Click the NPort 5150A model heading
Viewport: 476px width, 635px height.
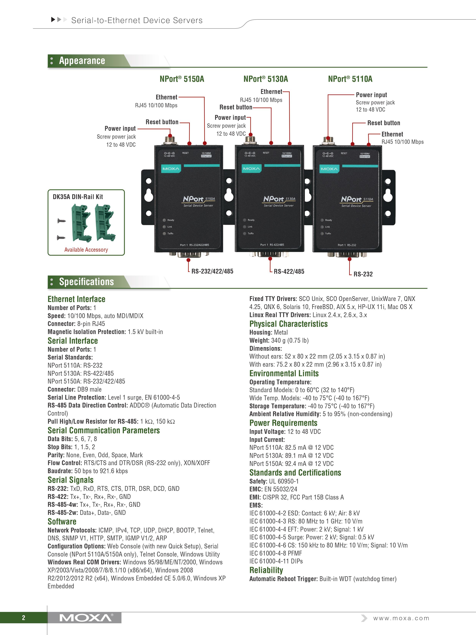pyautogui.click(x=182, y=79)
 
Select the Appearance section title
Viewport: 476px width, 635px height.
pyautogui.click(x=82, y=61)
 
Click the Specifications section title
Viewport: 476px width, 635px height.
pyautogui.click(x=86, y=282)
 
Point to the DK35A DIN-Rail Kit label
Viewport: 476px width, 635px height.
pyautogui.click(x=78, y=197)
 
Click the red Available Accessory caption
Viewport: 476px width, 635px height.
pyautogui.click(x=86, y=250)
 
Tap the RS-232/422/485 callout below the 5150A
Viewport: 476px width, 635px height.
pyautogui.click(x=212, y=271)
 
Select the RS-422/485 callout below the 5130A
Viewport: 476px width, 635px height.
pyautogui.click(x=289, y=271)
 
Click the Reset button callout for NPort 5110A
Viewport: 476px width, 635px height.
pyautogui.click(x=384, y=123)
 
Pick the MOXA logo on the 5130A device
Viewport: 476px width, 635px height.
pyautogui.click(x=251, y=169)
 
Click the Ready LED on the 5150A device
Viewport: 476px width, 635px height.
pyautogui.click(x=165, y=220)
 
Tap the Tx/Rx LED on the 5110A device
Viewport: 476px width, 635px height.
pyautogui.click(x=322, y=233)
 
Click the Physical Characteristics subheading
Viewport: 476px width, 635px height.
pyautogui.click(x=288, y=324)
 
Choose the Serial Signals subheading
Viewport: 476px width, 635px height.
pyautogui.click(x=71, y=480)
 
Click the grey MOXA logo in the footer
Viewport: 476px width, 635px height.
pyautogui.click(x=86, y=618)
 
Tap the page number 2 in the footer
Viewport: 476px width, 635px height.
pyautogui.click(x=24, y=618)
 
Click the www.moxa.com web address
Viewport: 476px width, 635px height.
pyautogui.click(x=401, y=618)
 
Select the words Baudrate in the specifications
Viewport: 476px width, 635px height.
pyautogui.click(x=60, y=471)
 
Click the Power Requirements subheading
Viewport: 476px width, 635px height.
pyautogui.click(x=283, y=423)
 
